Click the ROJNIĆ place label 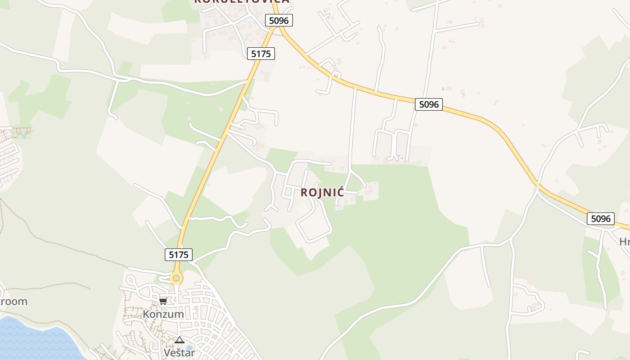pyautogui.click(x=322, y=193)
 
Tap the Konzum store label pyautogui.click(x=163, y=314)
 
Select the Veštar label pyautogui.click(x=179, y=352)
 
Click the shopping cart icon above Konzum pyautogui.click(x=163, y=301)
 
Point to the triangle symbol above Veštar pyautogui.click(x=180, y=340)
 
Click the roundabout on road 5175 pyautogui.click(x=176, y=279)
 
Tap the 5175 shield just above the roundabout pyautogui.click(x=179, y=255)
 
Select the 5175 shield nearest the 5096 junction pyautogui.click(x=261, y=54)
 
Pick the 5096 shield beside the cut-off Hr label pyautogui.click(x=601, y=219)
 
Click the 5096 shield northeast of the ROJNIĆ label pyautogui.click(x=428, y=104)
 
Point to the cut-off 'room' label pyautogui.click(x=13, y=301)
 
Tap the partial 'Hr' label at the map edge pyautogui.click(x=625, y=242)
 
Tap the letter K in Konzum pyautogui.click(x=146, y=314)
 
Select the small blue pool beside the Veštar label pyautogui.click(x=189, y=347)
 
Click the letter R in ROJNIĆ pyautogui.click(x=304, y=193)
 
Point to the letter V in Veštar pyautogui.click(x=167, y=352)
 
